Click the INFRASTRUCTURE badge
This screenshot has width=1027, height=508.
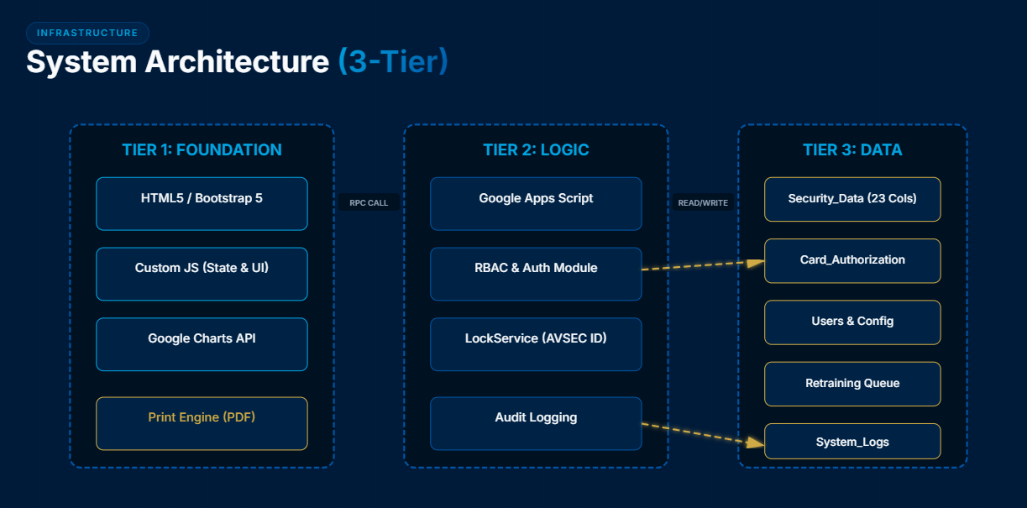point(87,33)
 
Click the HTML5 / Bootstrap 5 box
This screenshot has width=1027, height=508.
point(202,203)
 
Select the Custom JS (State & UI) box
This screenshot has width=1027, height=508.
point(202,274)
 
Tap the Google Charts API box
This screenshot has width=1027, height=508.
point(202,344)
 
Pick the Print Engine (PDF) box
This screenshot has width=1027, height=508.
point(202,424)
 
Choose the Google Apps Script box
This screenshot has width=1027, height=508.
point(536,203)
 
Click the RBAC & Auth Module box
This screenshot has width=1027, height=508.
point(536,274)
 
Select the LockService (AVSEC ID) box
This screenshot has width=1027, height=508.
point(536,344)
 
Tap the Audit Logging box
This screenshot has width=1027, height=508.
point(536,424)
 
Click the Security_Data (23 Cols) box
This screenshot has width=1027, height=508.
point(852,200)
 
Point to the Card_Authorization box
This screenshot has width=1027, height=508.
point(852,261)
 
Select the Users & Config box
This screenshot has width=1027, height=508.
point(852,322)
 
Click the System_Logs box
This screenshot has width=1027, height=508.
point(852,441)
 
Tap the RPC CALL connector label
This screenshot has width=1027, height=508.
point(369,202)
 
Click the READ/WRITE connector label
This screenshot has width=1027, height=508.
point(703,202)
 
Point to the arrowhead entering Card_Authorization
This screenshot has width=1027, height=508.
point(756,263)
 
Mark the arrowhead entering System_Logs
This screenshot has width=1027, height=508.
point(756,442)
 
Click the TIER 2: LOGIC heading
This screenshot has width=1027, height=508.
point(536,150)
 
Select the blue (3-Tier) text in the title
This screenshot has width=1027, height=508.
point(393,61)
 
